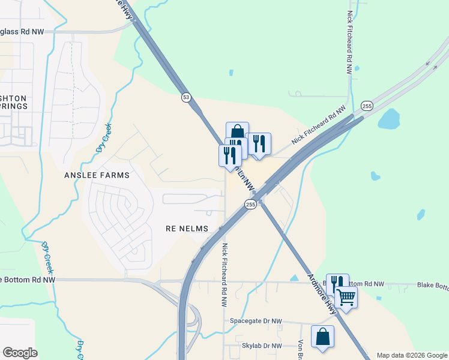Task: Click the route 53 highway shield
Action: [186, 97]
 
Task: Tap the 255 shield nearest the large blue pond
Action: [367, 106]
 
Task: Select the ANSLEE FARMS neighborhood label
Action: [88, 175]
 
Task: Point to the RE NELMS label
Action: [187, 229]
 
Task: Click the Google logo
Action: [20, 353]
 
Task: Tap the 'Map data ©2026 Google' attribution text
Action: [411, 355]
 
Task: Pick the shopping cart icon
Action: [346, 296]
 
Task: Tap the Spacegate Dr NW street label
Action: [256, 321]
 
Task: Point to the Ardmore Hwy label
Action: [322, 294]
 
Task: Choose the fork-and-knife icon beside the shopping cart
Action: [337, 283]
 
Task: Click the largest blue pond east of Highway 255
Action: [389, 119]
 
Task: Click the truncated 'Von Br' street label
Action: [300, 351]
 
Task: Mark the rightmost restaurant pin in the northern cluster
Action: [259, 144]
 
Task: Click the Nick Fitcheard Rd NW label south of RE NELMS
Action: [224, 275]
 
